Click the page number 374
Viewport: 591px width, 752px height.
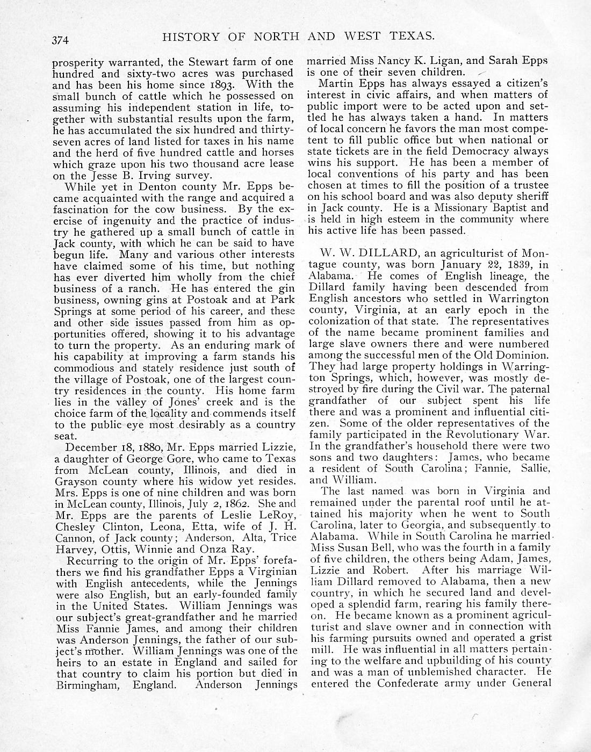point(62,39)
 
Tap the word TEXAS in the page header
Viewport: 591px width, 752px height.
point(409,36)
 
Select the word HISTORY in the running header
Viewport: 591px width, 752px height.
point(191,37)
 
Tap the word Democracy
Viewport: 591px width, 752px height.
point(480,151)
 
